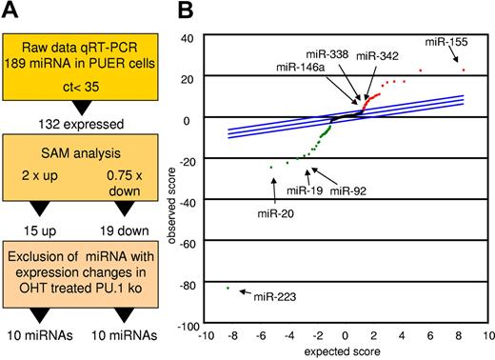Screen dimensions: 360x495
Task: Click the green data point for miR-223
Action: (228, 287)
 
